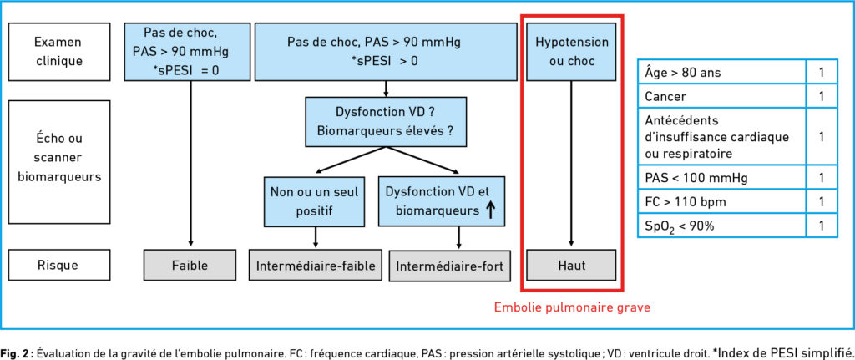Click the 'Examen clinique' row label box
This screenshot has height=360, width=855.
pos(59,51)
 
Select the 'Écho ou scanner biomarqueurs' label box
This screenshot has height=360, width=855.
pos(59,161)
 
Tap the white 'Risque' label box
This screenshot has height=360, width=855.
pos(59,265)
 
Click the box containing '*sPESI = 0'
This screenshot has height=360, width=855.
pos(187,51)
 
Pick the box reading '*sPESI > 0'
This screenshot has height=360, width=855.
pos(386,51)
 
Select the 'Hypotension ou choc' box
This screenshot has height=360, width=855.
pos(571,51)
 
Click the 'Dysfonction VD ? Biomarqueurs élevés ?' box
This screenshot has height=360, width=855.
pos(386,122)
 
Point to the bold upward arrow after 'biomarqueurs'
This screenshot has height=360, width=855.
pos(489,210)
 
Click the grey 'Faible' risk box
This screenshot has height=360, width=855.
pos(190,265)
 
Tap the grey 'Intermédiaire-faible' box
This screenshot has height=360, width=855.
pos(316,265)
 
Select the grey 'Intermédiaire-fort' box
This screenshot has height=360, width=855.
pos(449,265)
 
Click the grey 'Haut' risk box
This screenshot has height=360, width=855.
pos(571,265)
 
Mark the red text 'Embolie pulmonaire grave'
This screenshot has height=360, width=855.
pos(572,307)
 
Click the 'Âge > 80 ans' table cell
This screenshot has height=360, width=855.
pos(722,72)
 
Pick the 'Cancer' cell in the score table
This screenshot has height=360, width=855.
pos(722,96)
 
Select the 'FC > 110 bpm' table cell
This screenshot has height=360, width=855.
pos(722,201)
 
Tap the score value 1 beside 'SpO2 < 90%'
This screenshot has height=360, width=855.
pos(822,226)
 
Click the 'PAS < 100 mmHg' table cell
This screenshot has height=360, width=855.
pos(722,177)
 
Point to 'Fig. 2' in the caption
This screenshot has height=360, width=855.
pos(18,350)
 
